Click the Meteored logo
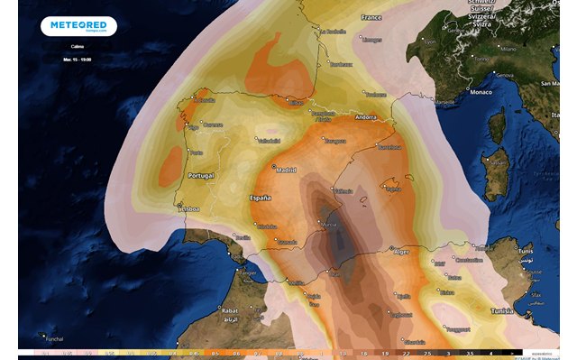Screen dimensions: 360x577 click(x=78, y=26)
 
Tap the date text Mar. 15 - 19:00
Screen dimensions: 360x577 click(x=78, y=59)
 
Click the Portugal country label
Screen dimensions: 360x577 click(x=199, y=175)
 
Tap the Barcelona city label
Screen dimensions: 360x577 click(x=389, y=146)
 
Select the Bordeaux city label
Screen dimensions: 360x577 click(x=341, y=64)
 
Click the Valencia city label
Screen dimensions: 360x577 click(x=343, y=190)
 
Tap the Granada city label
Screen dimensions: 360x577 click(x=288, y=242)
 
